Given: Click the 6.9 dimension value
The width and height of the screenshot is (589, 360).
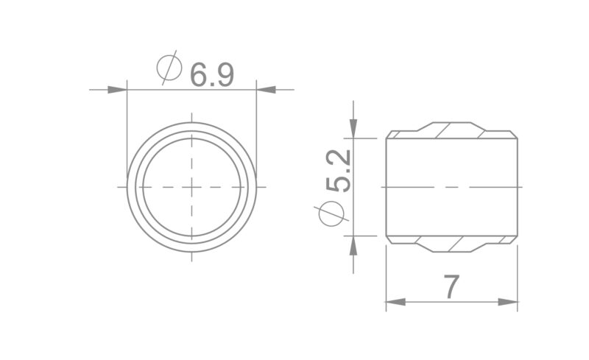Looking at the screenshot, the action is pos(212,76).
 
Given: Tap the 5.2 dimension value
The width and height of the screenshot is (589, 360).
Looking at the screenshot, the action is pos(339,171).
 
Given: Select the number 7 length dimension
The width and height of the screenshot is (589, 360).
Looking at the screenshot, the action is pos(451,286).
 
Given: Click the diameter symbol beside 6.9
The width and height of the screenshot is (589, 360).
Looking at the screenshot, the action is pos(169,68).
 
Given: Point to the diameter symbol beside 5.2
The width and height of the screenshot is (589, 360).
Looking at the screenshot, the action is pos(331,213).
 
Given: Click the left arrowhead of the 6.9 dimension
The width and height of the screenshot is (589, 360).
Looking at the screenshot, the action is pos(117,90).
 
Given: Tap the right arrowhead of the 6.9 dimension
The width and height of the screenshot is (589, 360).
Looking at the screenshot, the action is pos(266,90).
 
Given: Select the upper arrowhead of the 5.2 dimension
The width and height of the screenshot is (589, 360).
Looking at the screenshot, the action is pos(353,129).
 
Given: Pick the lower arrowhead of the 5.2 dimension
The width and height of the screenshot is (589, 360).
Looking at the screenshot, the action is pos(353,246).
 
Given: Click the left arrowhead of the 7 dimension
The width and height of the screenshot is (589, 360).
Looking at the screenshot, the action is pos(396,302).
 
